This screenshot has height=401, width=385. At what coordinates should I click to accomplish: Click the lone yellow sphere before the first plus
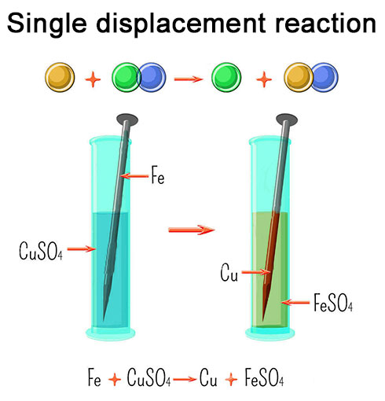coord(59,78)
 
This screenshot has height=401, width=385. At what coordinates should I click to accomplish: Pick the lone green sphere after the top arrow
coord(228,78)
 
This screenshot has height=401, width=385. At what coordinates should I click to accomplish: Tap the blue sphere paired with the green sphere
coord(150,78)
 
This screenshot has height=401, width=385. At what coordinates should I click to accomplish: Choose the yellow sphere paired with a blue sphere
coord(299,78)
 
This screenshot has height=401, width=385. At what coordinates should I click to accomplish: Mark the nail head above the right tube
coord(286,120)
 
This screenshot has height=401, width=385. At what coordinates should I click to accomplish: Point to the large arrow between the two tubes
coord(192,230)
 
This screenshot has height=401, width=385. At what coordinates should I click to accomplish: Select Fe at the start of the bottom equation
coord(95,379)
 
